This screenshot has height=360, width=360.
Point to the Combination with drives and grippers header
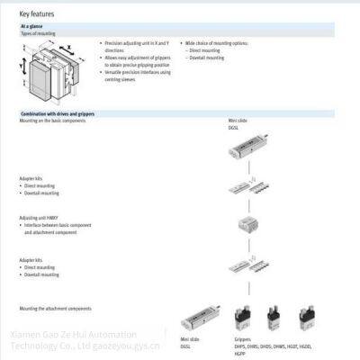pos(58,114)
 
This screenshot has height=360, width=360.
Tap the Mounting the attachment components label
pos(55,309)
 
